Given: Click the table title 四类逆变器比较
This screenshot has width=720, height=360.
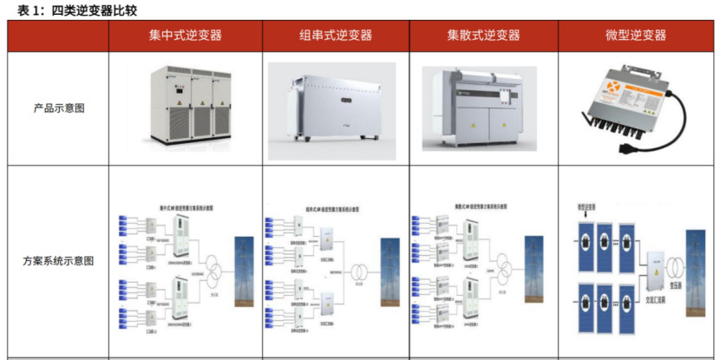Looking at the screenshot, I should coord(95,10).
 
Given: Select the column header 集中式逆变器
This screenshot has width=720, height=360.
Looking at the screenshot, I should coord(185,36).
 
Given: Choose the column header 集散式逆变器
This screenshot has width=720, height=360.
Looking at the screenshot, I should coord(483,36).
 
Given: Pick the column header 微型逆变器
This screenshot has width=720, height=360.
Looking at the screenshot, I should coord(636,36).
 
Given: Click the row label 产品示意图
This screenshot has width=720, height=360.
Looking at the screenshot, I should coord(58,108).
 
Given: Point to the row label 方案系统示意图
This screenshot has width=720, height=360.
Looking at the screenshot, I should coord(58,260).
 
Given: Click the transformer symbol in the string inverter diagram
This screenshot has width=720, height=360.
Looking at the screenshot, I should coord(359,271).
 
